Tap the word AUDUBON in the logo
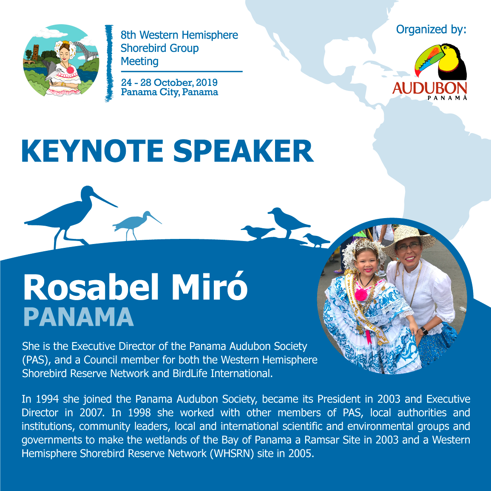click(430, 88)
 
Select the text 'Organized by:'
click(431, 29)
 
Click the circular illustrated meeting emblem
click(61, 60)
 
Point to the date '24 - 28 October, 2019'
click(169, 82)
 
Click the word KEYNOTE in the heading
click(92, 151)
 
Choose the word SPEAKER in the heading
click(243, 151)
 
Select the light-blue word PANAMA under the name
click(79, 317)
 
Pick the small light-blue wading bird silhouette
click(137, 224)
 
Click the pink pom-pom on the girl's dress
click(361, 294)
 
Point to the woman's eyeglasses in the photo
click(408, 247)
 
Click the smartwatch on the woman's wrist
click(423, 331)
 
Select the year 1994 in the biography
click(47, 399)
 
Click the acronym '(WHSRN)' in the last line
click(231, 453)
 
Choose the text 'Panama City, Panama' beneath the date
click(170, 92)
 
